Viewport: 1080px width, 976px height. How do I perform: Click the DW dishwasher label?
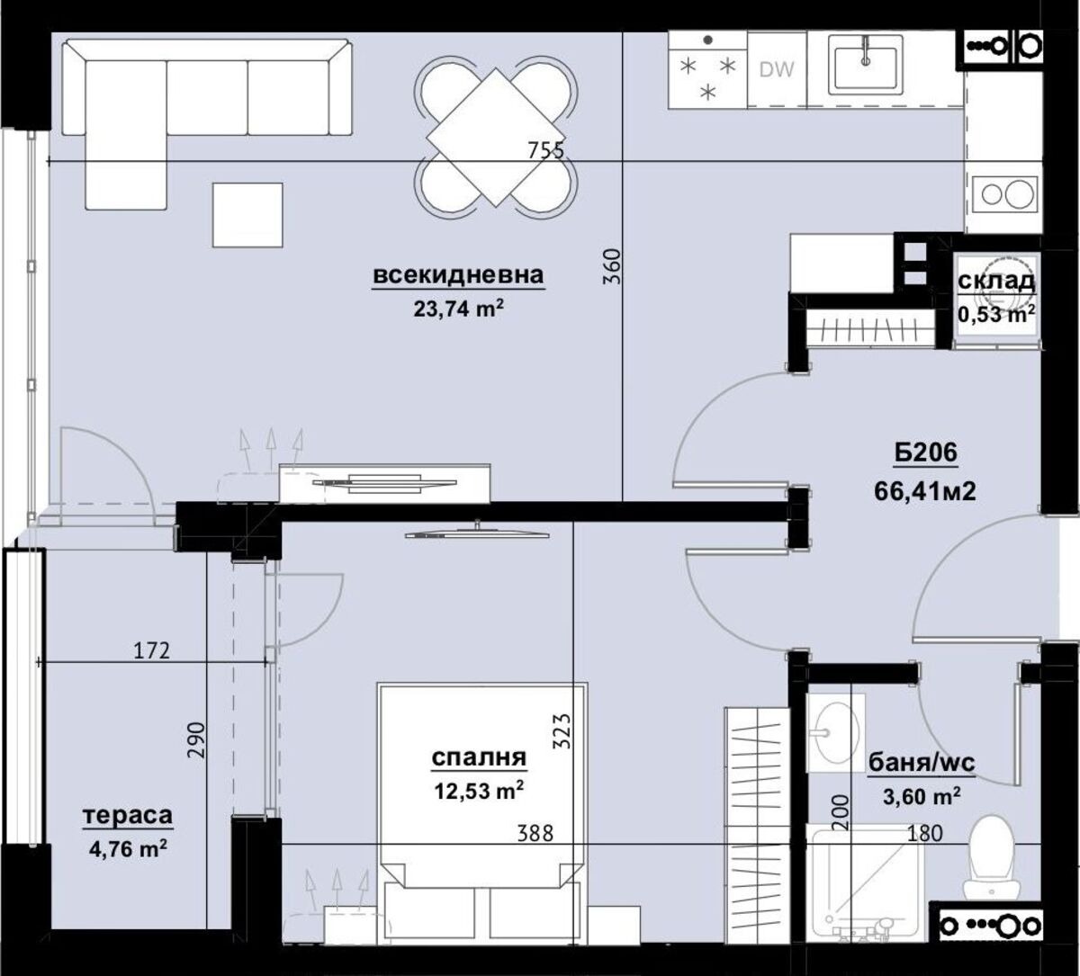(777, 69)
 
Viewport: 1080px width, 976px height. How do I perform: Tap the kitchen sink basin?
(866, 63)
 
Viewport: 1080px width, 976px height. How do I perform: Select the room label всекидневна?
(458, 275)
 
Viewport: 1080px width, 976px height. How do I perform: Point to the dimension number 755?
(545, 150)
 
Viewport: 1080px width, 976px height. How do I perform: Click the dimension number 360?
(611, 267)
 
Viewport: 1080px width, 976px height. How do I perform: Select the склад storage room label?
(995, 282)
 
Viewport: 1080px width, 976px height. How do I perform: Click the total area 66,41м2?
(925, 491)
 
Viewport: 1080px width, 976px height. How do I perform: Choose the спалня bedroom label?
(479, 757)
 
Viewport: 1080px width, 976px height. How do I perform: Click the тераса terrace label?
(127, 816)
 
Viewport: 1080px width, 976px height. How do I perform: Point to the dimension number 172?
(151, 650)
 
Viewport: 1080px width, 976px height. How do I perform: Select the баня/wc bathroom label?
(921, 764)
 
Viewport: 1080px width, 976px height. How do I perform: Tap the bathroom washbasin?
(833, 734)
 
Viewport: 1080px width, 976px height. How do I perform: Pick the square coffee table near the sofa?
(247, 215)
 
